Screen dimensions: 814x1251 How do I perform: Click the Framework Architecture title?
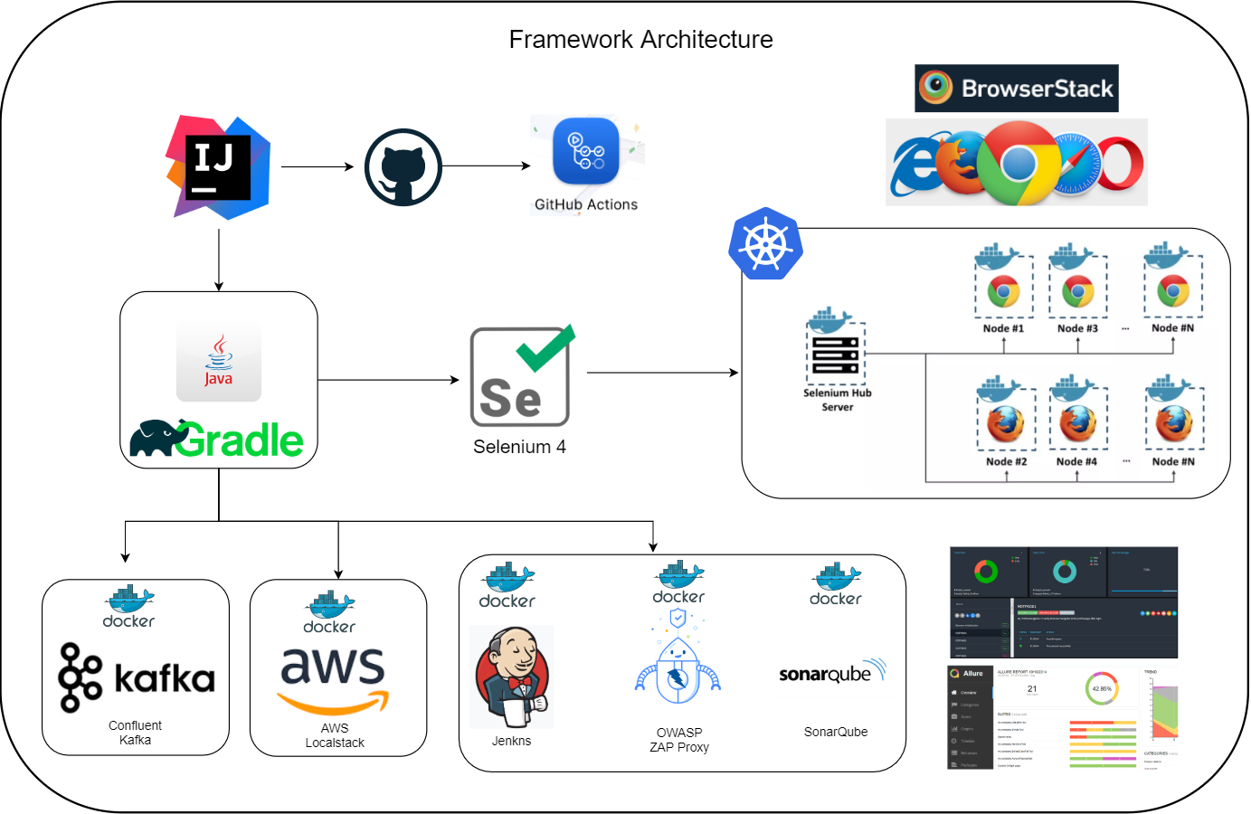(x=640, y=40)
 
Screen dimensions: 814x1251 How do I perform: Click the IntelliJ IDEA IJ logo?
(x=218, y=167)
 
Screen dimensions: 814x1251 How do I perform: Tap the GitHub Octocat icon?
(x=403, y=167)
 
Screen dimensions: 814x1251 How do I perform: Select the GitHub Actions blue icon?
(x=586, y=151)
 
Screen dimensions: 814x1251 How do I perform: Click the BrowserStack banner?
(x=1016, y=89)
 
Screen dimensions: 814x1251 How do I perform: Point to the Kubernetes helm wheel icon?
(x=765, y=244)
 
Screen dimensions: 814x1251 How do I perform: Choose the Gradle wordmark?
(x=239, y=440)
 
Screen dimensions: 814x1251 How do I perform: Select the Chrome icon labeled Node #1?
(x=1003, y=291)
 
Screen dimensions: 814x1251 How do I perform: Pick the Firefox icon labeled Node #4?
(x=1077, y=422)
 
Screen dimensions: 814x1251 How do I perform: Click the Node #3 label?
(x=1077, y=328)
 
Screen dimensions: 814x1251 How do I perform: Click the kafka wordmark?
(x=164, y=678)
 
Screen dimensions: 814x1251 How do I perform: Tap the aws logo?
(x=333, y=678)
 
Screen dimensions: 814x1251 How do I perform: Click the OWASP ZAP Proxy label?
(x=679, y=740)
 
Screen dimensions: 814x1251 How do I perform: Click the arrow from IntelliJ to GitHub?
(x=317, y=166)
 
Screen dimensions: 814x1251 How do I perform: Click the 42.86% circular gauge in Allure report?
(x=1101, y=689)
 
